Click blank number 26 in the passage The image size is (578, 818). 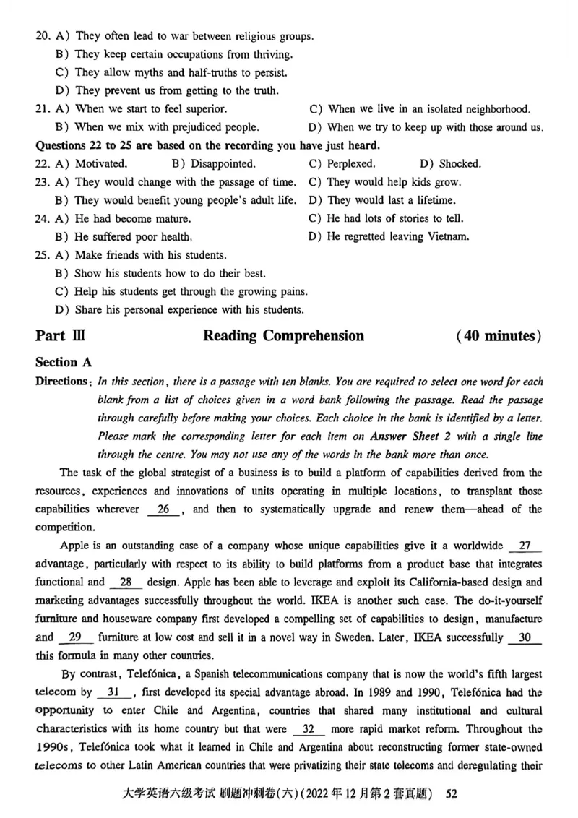pyautogui.click(x=164, y=509)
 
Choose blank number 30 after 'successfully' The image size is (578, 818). pyautogui.click(x=525, y=637)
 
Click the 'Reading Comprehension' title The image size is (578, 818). pyautogui.click(x=283, y=335)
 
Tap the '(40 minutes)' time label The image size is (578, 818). pyautogui.click(x=499, y=335)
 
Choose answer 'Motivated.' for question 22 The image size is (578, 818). pyautogui.click(x=101, y=164)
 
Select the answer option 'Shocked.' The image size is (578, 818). pyautogui.click(x=460, y=164)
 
